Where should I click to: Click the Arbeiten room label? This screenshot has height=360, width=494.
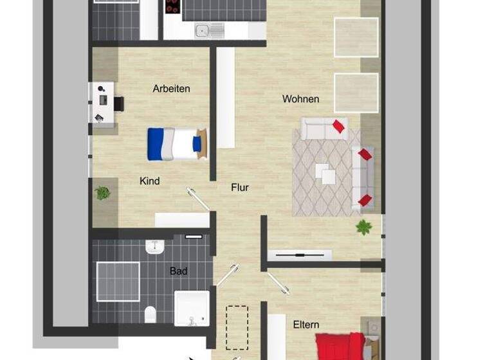click(171, 89)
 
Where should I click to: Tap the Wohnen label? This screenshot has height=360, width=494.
click(300, 99)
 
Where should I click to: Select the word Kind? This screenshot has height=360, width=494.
click(149, 181)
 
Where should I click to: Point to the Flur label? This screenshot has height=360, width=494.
click(240, 188)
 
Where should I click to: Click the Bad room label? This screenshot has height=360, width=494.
click(178, 271)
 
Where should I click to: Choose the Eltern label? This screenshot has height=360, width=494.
click(306, 325)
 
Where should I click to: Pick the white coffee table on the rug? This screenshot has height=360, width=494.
click(325, 174)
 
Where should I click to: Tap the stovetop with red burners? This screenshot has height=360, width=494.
click(172, 7)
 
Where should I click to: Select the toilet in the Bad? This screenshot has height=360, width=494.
click(151, 314)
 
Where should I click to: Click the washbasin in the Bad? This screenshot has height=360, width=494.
click(156, 246)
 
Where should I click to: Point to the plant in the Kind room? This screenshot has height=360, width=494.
click(102, 192)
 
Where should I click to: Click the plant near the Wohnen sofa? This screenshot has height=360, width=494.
click(365, 226)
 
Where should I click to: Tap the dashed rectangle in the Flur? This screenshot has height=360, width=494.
click(237, 327)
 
